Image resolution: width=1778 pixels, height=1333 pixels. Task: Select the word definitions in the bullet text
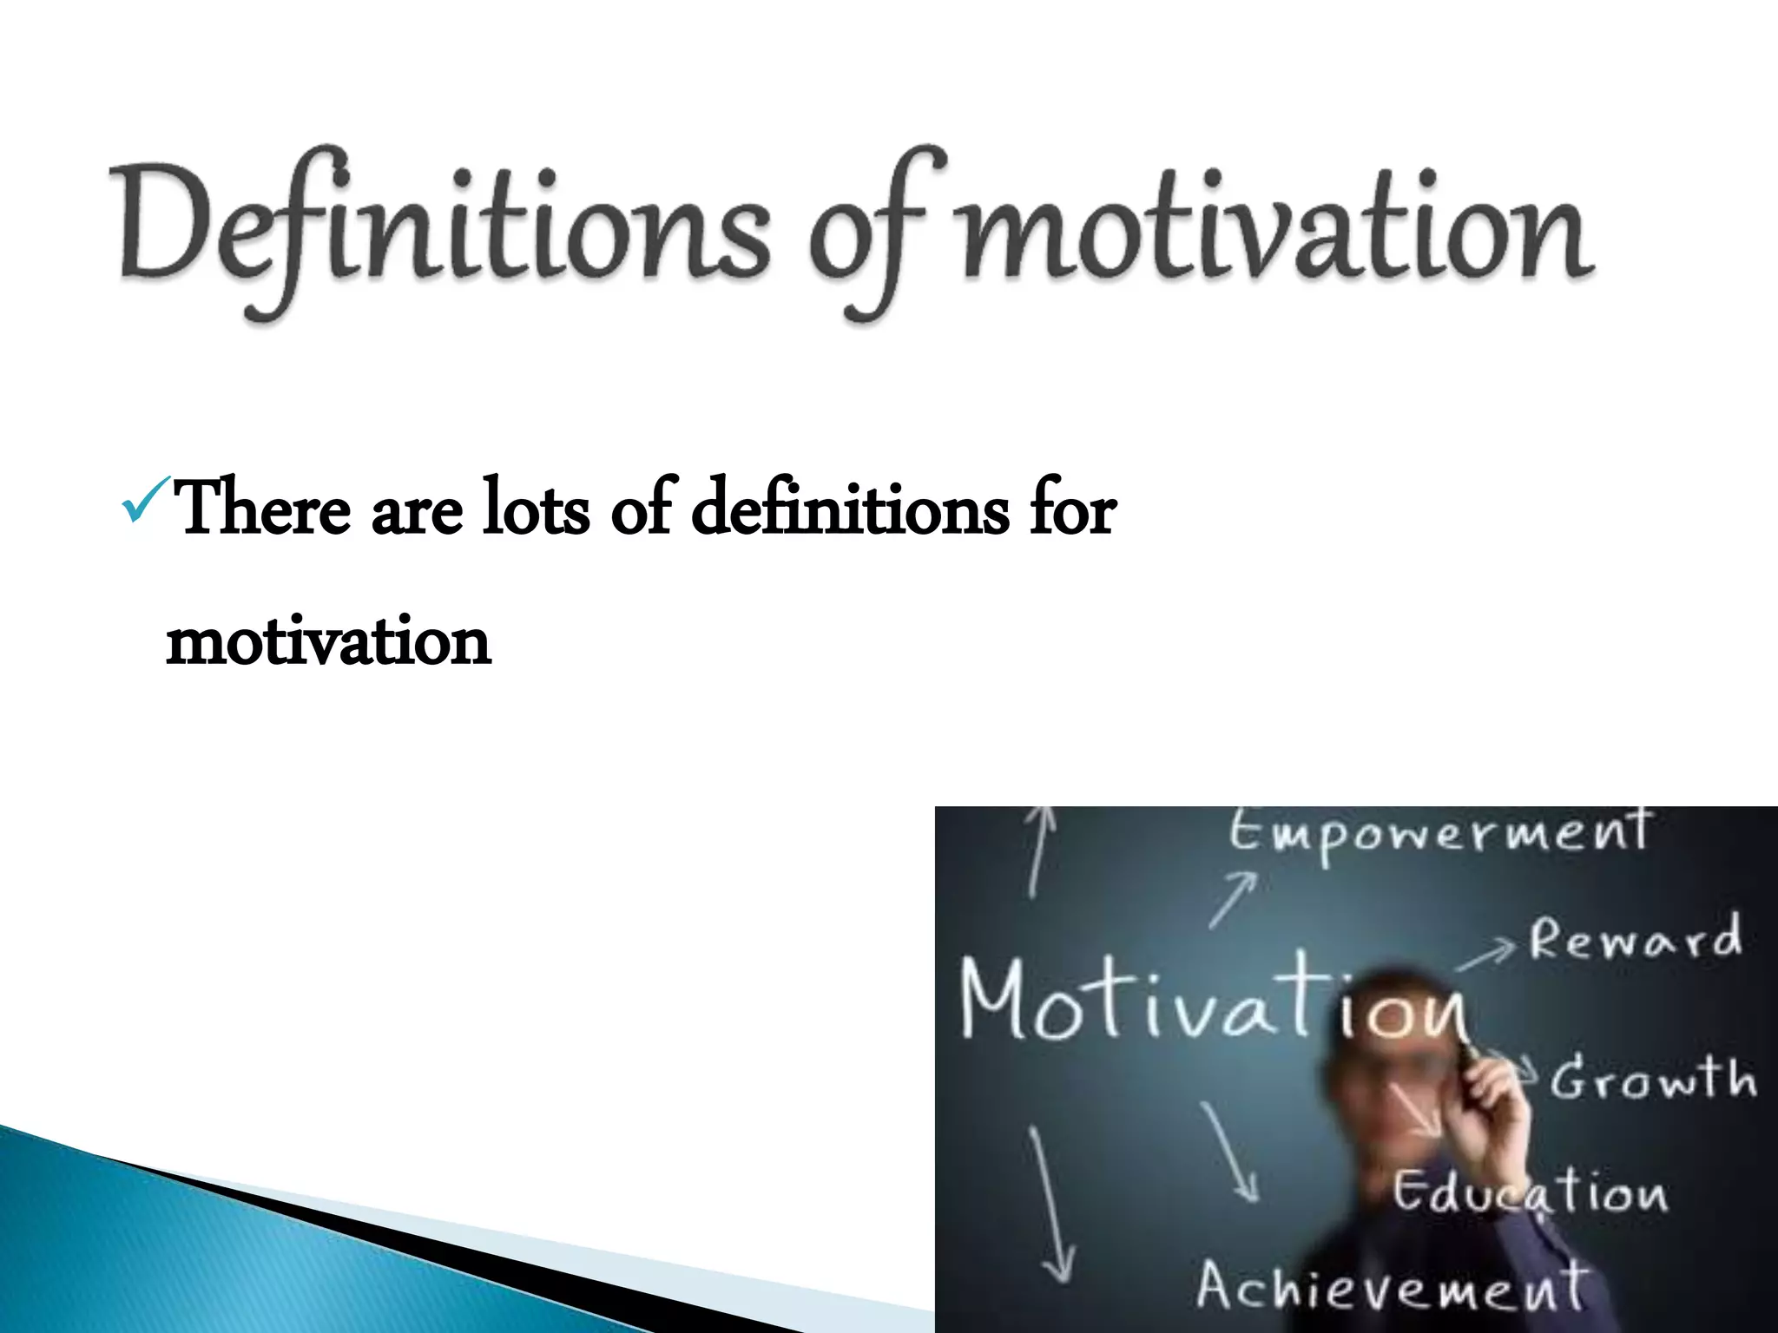coord(851,509)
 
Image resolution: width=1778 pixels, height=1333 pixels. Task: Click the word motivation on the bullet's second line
coord(328,642)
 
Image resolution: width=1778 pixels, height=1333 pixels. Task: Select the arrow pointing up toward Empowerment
coord(1233,901)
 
